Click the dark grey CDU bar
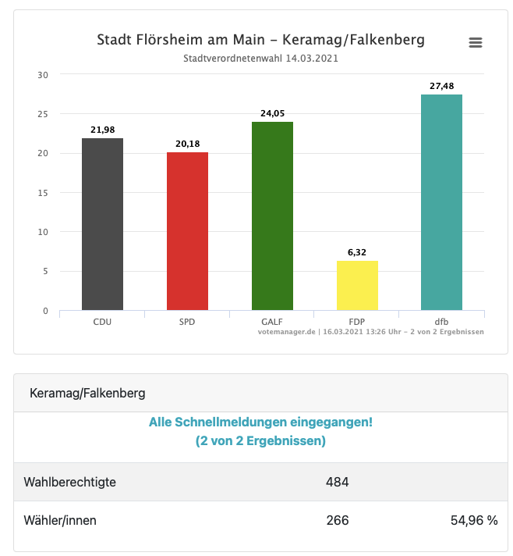click(x=102, y=224)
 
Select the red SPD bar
click(x=187, y=231)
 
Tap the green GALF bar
click(x=272, y=216)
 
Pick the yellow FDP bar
click(x=357, y=285)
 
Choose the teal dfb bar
click(x=441, y=202)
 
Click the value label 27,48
click(x=441, y=86)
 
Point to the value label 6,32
click(x=357, y=252)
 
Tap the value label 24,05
click(x=272, y=113)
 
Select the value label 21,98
click(x=102, y=130)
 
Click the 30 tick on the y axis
click(x=43, y=75)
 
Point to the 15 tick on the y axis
click(x=43, y=193)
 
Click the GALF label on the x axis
click(x=272, y=322)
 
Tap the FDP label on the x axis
click(x=357, y=322)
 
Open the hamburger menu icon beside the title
click(x=476, y=42)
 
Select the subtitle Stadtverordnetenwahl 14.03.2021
click(x=260, y=59)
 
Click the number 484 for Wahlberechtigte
click(x=337, y=482)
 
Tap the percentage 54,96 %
click(x=474, y=520)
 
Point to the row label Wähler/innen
click(x=61, y=520)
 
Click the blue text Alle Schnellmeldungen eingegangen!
click(x=260, y=422)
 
